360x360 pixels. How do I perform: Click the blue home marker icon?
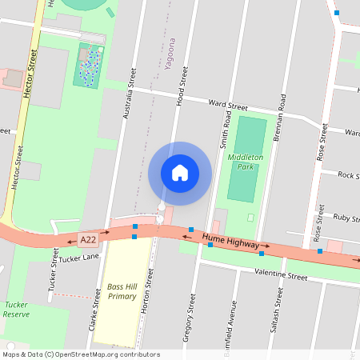[x=180, y=173]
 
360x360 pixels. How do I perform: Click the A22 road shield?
[x=88, y=239]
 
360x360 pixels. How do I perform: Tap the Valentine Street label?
[x=280, y=276]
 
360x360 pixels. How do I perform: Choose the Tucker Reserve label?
[x=16, y=310]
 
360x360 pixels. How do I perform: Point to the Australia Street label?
[x=126, y=94]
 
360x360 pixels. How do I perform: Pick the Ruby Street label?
[x=346, y=217]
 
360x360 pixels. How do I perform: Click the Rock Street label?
[x=348, y=174]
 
